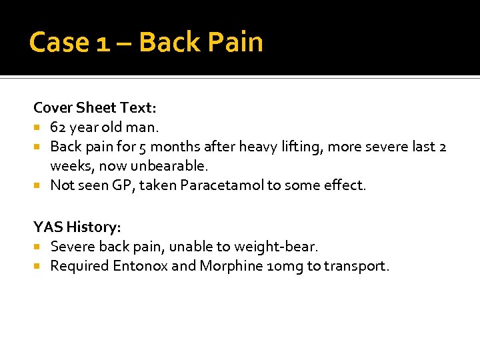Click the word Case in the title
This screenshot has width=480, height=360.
click(x=59, y=42)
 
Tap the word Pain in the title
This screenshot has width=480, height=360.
click(x=235, y=42)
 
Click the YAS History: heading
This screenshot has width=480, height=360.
click(x=77, y=227)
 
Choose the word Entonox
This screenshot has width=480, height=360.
click(x=139, y=266)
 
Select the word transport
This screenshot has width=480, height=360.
click(x=356, y=266)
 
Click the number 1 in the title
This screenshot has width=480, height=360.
click(x=103, y=42)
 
